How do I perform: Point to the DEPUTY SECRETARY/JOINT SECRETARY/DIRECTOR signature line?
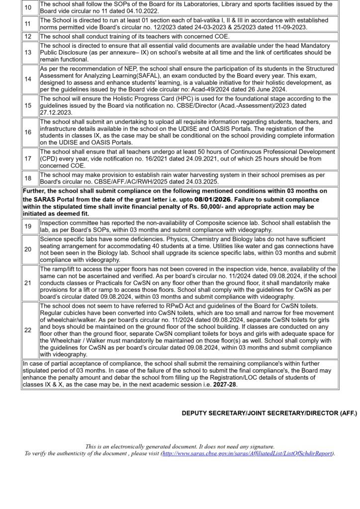(x=269, y=414)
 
